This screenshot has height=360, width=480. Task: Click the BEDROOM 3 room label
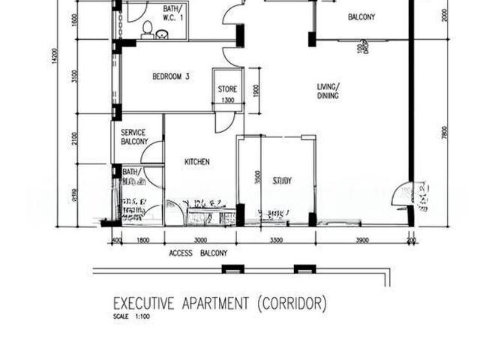170,76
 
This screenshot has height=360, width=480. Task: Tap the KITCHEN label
196,161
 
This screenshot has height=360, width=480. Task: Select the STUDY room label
282,180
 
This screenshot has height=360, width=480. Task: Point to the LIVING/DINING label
328,91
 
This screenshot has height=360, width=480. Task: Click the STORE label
228,89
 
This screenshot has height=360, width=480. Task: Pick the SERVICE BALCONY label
133,136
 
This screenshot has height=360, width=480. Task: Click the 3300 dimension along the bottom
275,240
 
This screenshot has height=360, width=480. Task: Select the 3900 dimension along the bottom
361,240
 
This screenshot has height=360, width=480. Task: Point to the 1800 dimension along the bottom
142,240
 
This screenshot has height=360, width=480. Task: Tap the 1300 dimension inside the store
228,100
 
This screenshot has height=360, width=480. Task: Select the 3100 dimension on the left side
75,76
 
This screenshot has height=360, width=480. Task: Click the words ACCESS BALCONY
198,253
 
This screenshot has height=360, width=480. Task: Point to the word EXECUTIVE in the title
144,304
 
